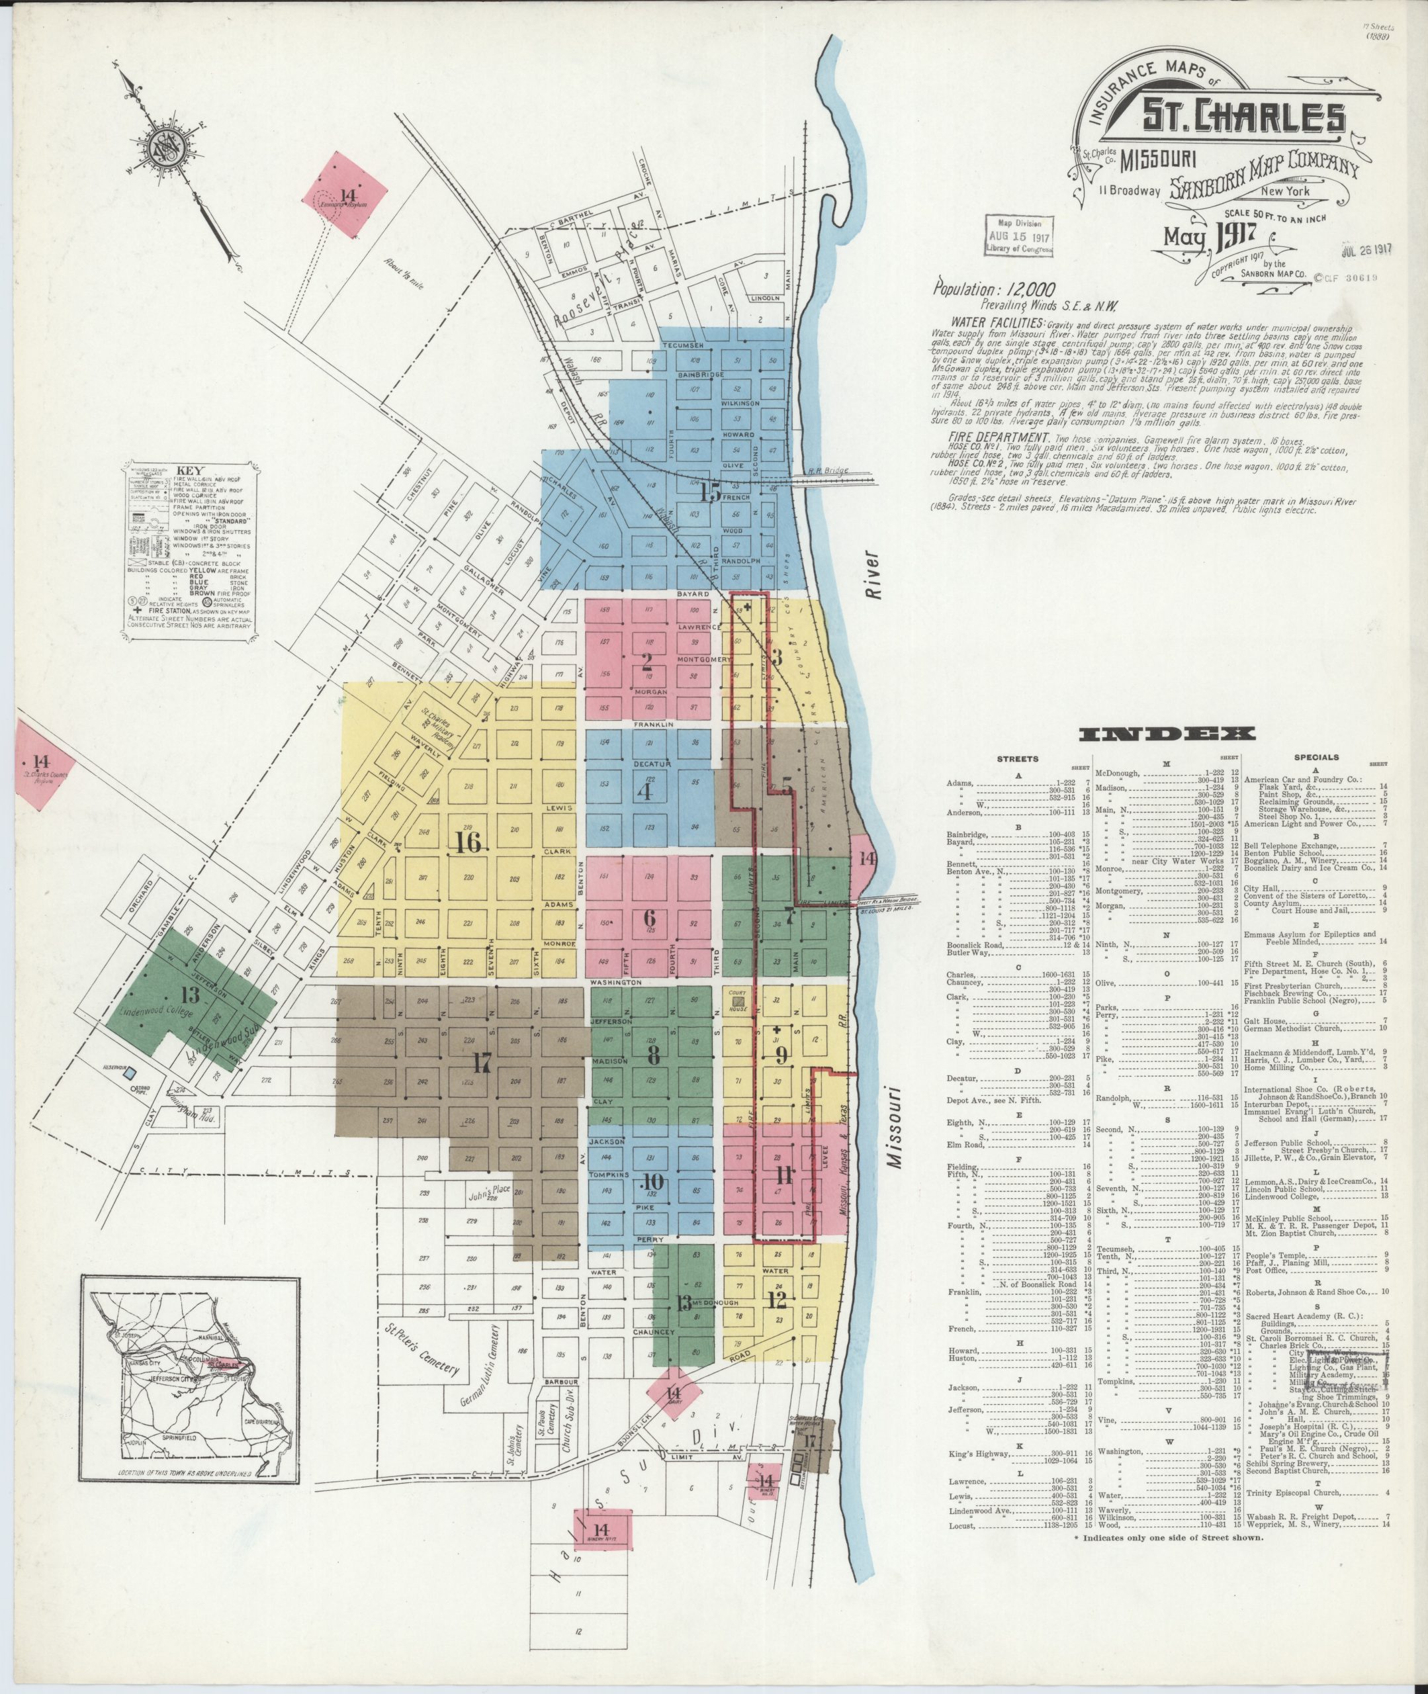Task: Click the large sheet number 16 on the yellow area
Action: (x=468, y=842)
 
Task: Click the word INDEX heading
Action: (x=1168, y=734)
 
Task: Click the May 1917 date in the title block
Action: (x=1210, y=236)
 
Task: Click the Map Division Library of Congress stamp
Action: (x=1019, y=236)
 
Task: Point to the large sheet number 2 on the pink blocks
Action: (x=647, y=663)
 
